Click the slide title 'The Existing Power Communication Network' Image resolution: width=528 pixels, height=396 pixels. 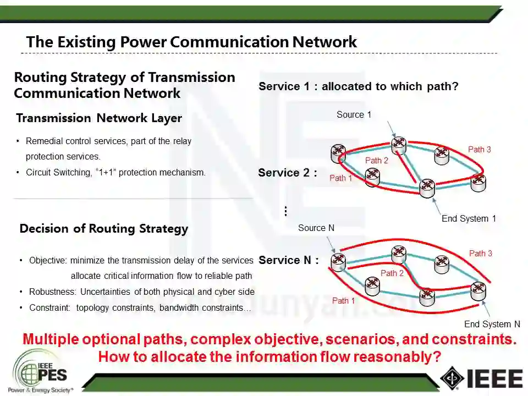(x=191, y=42)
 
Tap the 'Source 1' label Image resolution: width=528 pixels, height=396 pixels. (x=354, y=114)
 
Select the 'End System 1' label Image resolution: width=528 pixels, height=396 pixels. (x=469, y=218)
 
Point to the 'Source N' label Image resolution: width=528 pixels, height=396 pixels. (x=316, y=228)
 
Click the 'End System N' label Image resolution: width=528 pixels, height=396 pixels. (x=492, y=324)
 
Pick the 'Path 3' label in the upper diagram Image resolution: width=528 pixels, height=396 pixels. (x=479, y=150)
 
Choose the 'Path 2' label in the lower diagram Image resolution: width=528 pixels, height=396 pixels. (x=392, y=273)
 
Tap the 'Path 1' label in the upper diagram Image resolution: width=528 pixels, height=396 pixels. (x=340, y=178)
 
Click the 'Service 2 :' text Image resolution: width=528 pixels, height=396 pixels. (x=288, y=173)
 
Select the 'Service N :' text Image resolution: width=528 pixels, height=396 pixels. (x=288, y=260)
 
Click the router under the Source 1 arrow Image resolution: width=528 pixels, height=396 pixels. (x=399, y=144)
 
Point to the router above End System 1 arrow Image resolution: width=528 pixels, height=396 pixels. (x=427, y=188)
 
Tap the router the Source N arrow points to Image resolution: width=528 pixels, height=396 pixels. (x=338, y=261)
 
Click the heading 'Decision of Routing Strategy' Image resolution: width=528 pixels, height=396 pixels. (x=103, y=229)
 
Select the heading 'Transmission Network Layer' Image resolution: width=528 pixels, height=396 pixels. (x=99, y=118)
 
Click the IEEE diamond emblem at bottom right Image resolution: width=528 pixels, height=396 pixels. (x=452, y=377)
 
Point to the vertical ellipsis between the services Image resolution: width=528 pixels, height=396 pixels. (x=285, y=211)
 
